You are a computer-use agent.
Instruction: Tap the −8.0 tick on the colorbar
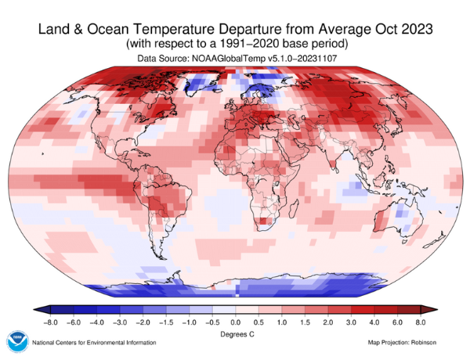point(52,322)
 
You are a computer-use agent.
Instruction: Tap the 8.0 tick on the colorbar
point(419,322)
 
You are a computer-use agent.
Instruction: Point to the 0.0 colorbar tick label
point(236,322)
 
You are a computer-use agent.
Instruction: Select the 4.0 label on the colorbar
point(373,322)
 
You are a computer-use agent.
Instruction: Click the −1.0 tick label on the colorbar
point(190,322)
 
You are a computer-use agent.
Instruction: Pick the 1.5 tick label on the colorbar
point(305,322)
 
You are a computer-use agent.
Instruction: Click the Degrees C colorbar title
point(235,333)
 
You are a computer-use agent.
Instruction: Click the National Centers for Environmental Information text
point(96,343)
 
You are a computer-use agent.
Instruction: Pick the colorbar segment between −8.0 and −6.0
point(63,310)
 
